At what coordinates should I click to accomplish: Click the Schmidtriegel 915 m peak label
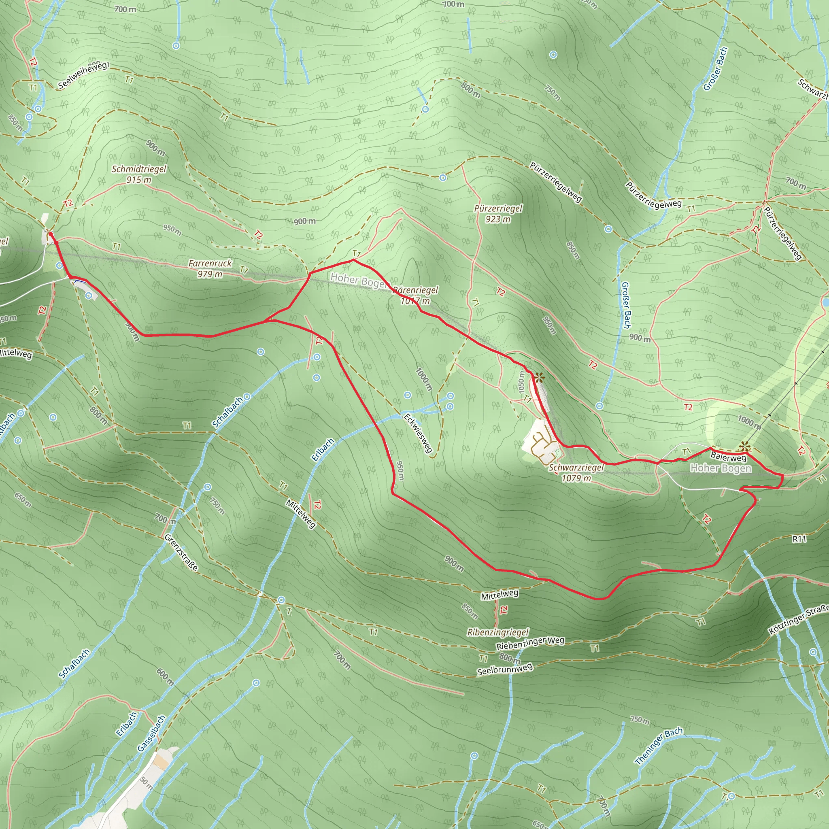pyautogui.click(x=138, y=174)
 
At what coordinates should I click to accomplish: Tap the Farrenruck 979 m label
pyautogui.click(x=210, y=269)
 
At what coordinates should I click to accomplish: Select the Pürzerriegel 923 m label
pyautogui.click(x=498, y=214)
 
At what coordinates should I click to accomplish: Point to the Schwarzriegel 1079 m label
pyautogui.click(x=576, y=473)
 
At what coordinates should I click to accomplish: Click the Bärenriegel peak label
pyautogui.click(x=415, y=295)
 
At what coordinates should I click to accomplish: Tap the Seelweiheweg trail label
pyautogui.click(x=83, y=76)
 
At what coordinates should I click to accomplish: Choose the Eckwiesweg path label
pyautogui.click(x=417, y=433)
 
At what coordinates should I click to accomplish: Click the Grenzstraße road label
pyautogui.click(x=181, y=553)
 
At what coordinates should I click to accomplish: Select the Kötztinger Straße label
pyautogui.click(x=798, y=620)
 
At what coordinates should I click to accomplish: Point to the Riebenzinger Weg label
pyautogui.click(x=530, y=643)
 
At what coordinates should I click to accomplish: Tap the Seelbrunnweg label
pyautogui.click(x=505, y=669)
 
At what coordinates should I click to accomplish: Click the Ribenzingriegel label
pyautogui.click(x=498, y=632)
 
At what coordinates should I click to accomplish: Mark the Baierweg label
pyautogui.click(x=728, y=457)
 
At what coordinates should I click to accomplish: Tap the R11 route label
pyautogui.click(x=799, y=539)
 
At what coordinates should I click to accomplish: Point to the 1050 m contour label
pyautogui.click(x=521, y=382)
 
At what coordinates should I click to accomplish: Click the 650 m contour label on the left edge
pyautogui.click(x=23, y=500)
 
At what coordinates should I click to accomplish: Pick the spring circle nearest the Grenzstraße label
pyautogui.click(x=208, y=487)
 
